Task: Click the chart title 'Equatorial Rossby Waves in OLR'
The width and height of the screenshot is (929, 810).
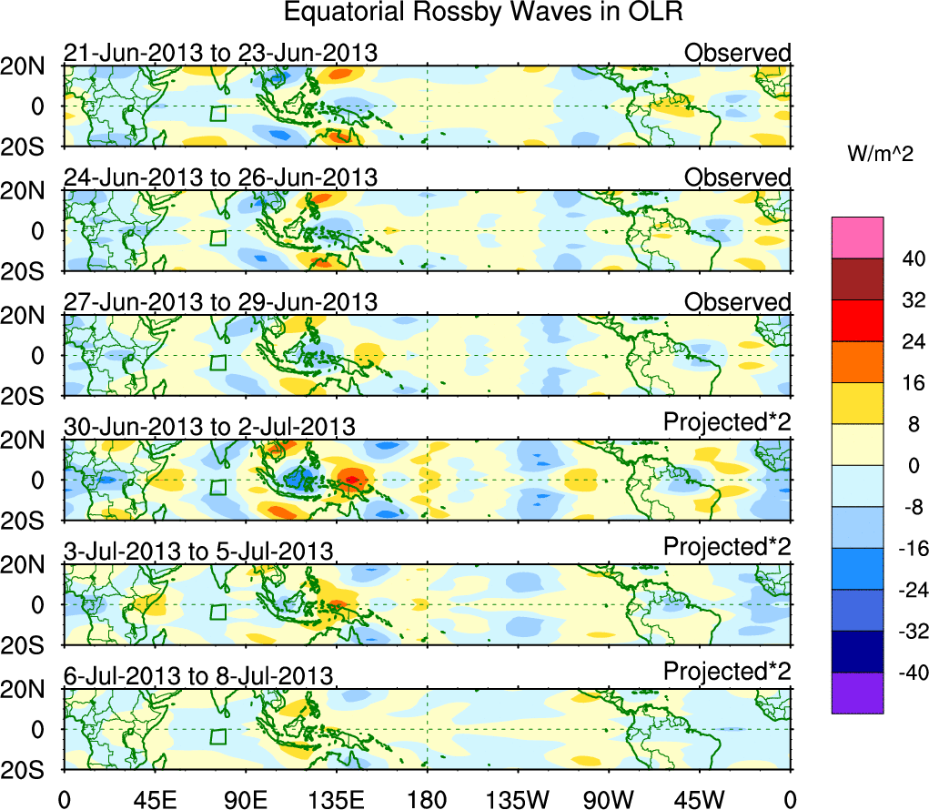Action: (482, 13)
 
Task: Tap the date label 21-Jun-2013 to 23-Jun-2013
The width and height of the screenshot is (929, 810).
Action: (220, 53)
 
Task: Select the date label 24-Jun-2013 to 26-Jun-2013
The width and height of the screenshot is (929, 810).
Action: (220, 177)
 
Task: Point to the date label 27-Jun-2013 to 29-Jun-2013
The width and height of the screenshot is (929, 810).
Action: (220, 302)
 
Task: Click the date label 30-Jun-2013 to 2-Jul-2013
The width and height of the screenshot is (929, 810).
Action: (209, 426)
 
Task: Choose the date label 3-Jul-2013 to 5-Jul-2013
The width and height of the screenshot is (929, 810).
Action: (198, 551)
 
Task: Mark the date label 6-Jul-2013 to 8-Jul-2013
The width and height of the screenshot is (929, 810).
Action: (198, 675)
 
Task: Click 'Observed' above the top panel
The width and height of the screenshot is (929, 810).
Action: (737, 53)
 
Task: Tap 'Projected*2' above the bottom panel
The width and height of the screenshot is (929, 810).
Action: (727, 672)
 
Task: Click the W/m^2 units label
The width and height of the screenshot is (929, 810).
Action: (880, 155)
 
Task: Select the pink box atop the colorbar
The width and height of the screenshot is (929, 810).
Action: (857, 238)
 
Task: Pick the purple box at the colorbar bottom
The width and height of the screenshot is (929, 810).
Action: (857, 693)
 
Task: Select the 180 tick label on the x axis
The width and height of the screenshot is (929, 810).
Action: (428, 799)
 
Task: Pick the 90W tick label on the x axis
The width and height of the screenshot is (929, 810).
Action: (609, 799)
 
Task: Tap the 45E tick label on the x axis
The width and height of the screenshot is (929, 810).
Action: (155, 799)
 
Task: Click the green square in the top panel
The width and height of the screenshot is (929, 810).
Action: (217, 114)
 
